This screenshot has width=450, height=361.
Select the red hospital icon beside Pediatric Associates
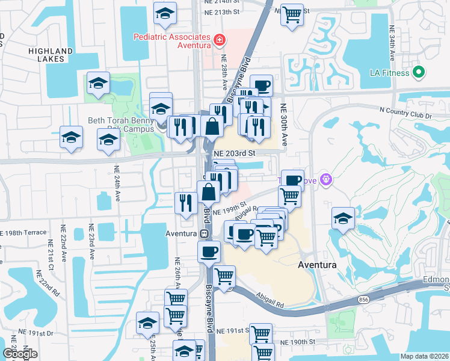pyautogui.click(x=220, y=40)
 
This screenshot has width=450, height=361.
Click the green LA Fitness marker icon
pyautogui.click(x=419, y=73)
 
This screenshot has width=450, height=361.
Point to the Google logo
pyautogui.click(x=20, y=354)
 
